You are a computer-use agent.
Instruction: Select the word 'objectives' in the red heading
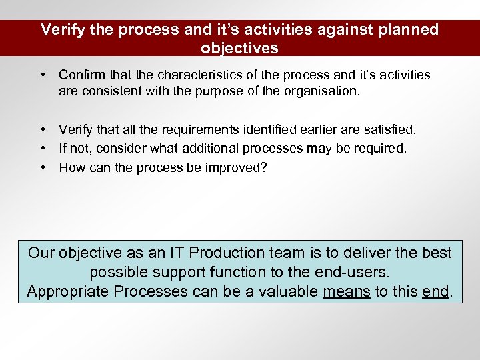pos(239,49)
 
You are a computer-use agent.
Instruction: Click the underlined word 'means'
pos(347,291)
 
